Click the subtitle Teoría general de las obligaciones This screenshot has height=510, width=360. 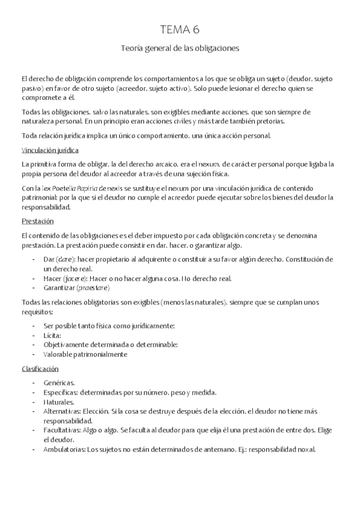point(180,49)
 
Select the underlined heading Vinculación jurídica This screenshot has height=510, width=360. point(50,150)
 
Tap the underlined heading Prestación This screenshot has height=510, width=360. point(37,221)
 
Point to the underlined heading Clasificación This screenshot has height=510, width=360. point(40,369)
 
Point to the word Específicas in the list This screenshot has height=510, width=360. point(61,392)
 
